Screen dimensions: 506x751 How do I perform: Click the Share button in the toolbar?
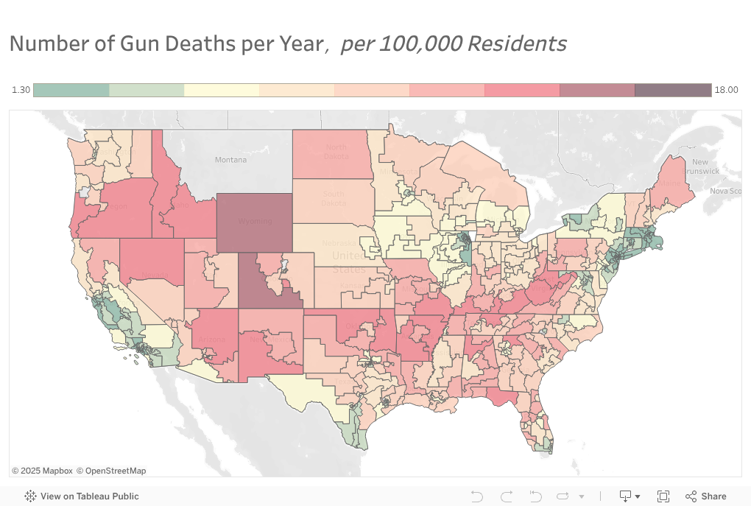pos(706,496)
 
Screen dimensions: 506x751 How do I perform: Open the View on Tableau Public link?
pos(82,496)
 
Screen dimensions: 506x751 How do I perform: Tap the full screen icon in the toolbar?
pos(663,496)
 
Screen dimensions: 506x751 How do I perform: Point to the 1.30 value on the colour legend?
pos(21,90)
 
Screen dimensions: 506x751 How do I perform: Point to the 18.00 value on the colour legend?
pos(726,90)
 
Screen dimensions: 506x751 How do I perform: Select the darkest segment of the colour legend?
pos(672,90)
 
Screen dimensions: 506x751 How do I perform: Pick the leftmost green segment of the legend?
pos(71,90)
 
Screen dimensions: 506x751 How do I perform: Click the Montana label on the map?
pos(230,160)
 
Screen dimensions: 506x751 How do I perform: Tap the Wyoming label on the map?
pos(255,221)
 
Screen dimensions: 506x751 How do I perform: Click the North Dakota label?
pos(336,151)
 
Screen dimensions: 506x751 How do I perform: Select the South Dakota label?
pos(333,198)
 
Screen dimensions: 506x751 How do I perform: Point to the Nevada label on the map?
pos(152,275)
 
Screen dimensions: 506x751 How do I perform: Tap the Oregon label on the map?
pos(114,206)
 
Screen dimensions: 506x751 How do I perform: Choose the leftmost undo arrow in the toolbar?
pos(476,496)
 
